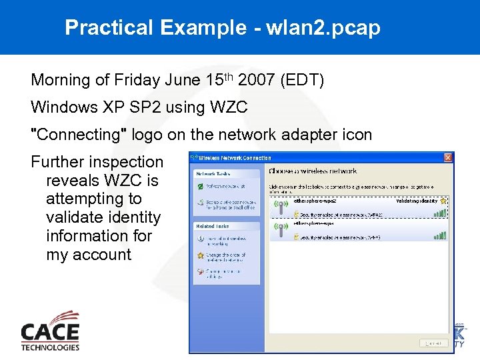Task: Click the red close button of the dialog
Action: click(448, 158)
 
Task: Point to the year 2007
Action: click(253, 81)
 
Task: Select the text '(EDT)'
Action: click(302, 81)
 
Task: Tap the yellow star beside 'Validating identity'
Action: click(443, 200)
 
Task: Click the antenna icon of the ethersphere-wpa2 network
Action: click(281, 207)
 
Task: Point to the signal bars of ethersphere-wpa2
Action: click(439, 214)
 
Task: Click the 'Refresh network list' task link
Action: click(225, 187)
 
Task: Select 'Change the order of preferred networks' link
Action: click(225, 258)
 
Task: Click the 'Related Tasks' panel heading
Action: click(213, 227)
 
